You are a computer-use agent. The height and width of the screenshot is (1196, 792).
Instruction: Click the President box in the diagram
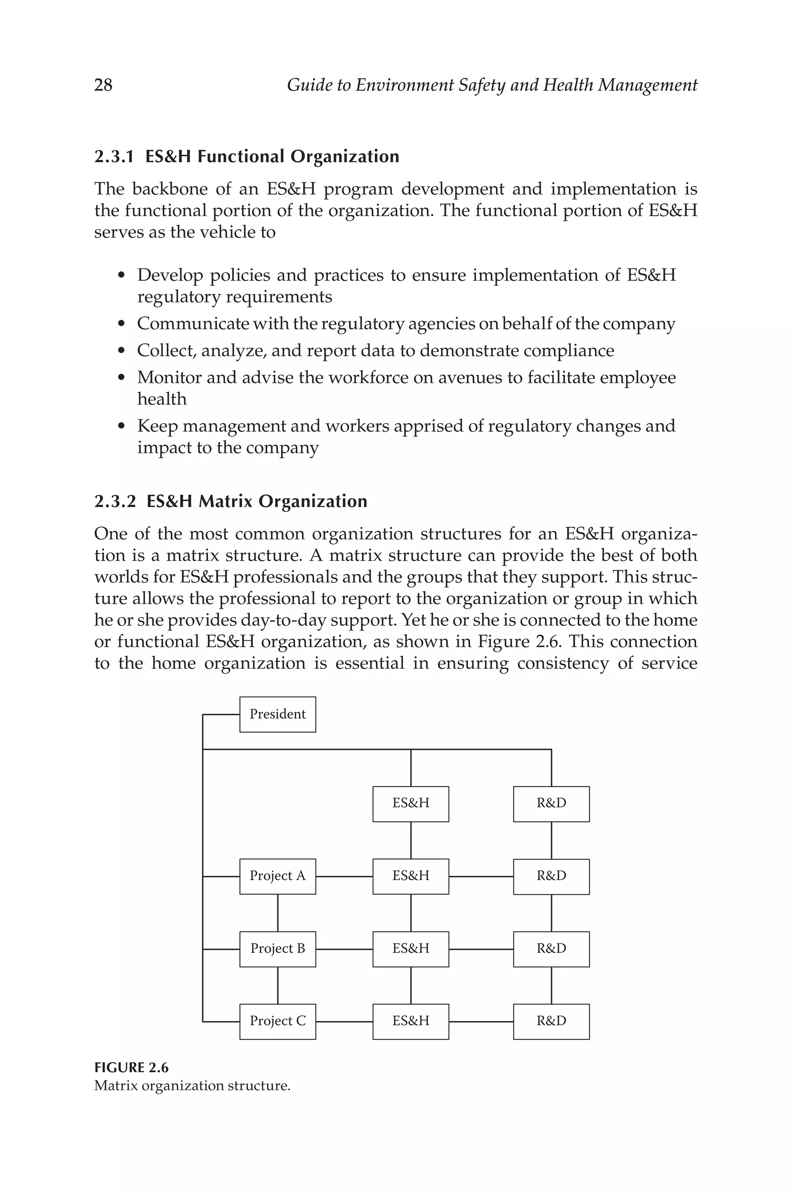click(277, 714)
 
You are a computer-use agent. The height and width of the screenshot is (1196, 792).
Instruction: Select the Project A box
click(277, 876)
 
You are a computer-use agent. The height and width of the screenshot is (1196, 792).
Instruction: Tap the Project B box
click(277, 948)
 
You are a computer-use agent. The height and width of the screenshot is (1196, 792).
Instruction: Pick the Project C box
click(277, 1021)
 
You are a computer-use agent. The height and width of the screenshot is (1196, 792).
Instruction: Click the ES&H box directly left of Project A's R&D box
click(411, 876)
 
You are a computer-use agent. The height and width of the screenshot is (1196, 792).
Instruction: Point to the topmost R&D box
click(551, 803)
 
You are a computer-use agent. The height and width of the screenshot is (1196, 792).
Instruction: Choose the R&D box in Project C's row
click(551, 1021)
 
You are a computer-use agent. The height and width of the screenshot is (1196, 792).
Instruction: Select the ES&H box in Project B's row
click(411, 948)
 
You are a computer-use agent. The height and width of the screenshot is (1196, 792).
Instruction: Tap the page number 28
click(103, 85)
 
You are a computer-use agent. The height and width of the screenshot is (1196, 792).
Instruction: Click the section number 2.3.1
click(114, 157)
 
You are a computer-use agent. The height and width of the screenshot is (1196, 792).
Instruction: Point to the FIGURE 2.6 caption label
click(131, 1067)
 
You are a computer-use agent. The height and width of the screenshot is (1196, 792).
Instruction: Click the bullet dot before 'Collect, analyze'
click(121, 350)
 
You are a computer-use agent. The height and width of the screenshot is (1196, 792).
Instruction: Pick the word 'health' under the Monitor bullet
click(162, 399)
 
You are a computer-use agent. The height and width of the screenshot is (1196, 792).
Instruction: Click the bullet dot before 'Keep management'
click(121, 426)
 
